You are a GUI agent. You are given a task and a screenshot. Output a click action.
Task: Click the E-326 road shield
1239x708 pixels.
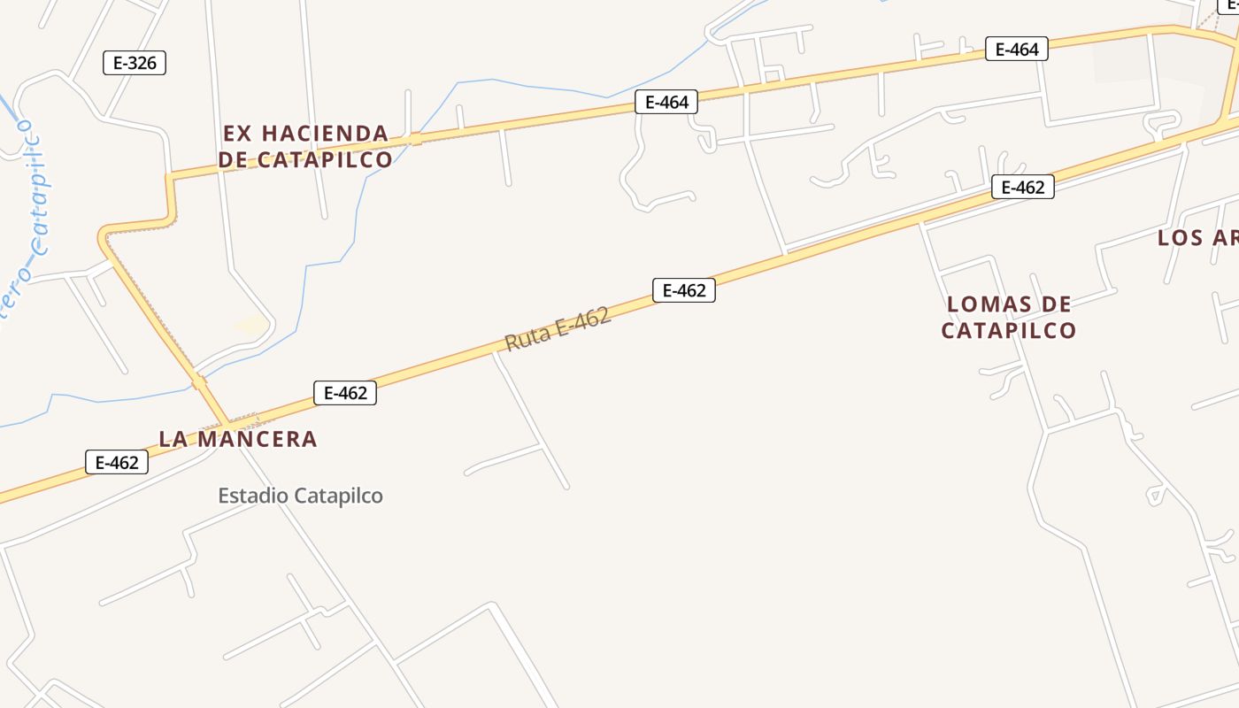(135, 63)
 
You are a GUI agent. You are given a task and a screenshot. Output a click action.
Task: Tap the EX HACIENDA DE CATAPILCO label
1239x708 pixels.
(305, 146)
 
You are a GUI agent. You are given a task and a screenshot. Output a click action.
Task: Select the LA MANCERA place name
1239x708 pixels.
(237, 439)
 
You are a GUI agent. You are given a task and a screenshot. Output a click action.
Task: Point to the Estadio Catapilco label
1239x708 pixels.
(301, 496)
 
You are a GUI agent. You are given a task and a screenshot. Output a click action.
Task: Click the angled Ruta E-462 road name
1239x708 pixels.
(558, 328)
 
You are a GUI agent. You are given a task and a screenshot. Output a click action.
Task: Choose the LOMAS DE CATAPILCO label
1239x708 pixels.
(1009, 317)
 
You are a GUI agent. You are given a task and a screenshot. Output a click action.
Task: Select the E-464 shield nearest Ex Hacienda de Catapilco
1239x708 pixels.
(666, 103)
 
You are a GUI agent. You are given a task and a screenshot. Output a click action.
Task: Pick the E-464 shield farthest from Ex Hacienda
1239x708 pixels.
(1017, 50)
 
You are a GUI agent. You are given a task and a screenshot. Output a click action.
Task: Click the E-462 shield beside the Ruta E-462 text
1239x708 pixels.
(684, 290)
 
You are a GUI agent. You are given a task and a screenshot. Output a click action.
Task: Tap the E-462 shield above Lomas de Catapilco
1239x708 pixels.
(1023, 188)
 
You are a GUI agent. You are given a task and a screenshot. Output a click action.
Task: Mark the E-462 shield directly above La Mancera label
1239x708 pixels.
(345, 393)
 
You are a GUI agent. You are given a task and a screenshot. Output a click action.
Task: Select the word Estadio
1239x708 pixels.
(253, 496)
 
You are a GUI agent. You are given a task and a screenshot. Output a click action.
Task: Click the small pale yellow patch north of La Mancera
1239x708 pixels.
(252, 326)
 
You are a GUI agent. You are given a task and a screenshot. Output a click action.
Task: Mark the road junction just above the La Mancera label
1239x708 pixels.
(228, 422)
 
